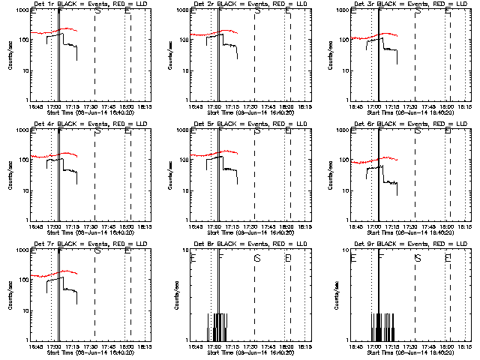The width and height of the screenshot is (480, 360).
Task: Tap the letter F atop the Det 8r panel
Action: coord(221,257)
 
